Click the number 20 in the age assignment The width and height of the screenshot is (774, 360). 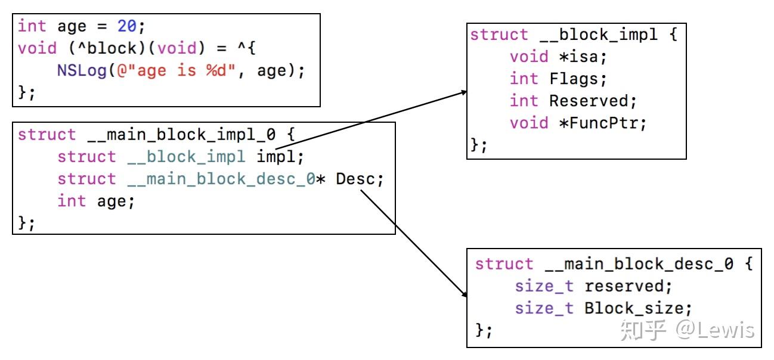(x=127, y=26)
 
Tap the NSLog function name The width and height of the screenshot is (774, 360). (x=82, y=70)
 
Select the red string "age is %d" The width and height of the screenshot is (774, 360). (x=177, y=70)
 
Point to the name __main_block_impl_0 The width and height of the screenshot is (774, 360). (x=182, y=135)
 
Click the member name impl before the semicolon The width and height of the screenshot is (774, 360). (x=275, y=157)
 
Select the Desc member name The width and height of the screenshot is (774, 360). (x=355, y=179)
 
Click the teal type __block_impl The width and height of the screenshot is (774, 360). (x=186, y=157)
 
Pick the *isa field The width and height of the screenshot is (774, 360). (x=578, y=57)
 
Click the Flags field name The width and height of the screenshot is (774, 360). (x=573, y=79)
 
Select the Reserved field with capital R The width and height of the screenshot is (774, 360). (x=589, y=101)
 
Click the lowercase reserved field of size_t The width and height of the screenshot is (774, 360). (x=624, y=286)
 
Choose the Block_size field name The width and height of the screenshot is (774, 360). (x=634, y=308)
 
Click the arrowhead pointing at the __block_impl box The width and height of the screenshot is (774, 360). (x=464, y=92)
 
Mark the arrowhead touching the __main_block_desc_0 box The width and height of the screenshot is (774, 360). (x=464, y=294)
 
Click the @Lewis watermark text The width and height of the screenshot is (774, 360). (x=714, y=330)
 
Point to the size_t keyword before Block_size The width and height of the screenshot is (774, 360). (x=544, y=308)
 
